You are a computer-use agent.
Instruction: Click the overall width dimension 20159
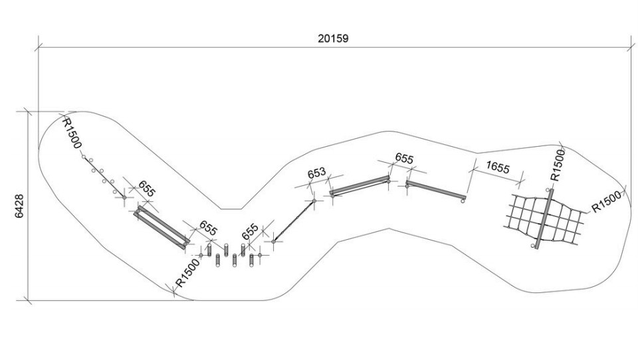(x=333, y=38)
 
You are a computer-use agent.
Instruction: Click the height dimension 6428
(x=19, y=206)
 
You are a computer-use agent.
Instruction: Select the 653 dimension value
(x=316, y=173)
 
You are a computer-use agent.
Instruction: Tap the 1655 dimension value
(x=497, y=167)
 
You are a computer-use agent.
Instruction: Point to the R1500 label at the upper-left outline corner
(x=72, y=133)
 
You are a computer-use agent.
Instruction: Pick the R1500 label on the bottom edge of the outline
(x=187, y=272)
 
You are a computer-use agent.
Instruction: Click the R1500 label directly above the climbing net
(x=558, y=165)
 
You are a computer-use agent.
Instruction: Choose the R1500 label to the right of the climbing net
(x=607, y=203)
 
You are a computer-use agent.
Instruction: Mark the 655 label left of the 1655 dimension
(x=404, y=159)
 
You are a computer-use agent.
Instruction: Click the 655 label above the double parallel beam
(x=147, y=189)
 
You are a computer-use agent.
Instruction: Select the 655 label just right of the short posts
(x=250, y=232)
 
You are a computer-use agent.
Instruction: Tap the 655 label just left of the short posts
(x=208, y=228)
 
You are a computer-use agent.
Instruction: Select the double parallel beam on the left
(x=161, y=227)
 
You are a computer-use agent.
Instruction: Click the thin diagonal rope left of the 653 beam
(x=294, y=221)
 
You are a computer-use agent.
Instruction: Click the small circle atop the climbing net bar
(x=548, y=190)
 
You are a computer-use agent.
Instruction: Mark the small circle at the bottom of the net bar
(x=533, y=246)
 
